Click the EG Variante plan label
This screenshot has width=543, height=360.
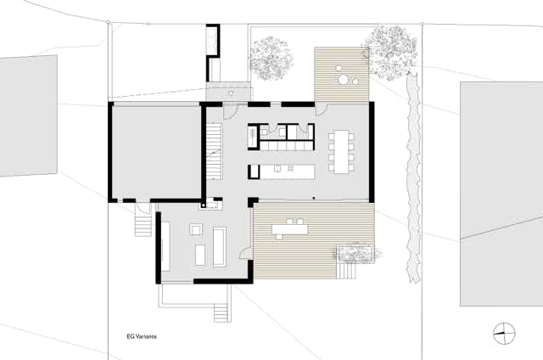(142, 336)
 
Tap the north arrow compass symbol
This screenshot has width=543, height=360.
(504, 334)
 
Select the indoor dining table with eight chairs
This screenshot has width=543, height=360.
(341, 151)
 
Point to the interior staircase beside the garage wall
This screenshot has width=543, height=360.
(215, 151)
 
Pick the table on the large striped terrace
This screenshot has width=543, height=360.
(290, 229)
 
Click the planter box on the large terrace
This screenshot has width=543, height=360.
(355, 253)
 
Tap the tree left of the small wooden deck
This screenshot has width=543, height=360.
(271, 59)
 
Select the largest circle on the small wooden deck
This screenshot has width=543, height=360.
(344, 80)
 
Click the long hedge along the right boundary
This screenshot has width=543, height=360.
(413, 177)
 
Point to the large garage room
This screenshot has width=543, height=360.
(156, 152)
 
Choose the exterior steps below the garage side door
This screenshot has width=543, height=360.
(143, 225)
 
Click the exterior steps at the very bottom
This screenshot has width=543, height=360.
(222, 312)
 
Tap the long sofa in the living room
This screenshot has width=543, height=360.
(220, 247)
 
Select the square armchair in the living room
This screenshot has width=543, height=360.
(196, 230)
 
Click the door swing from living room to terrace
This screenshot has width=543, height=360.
(247, 252)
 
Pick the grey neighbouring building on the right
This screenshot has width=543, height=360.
(501, 194)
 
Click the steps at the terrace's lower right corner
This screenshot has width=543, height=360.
(347, 270)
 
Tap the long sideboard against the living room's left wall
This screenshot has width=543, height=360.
(165, 246)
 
